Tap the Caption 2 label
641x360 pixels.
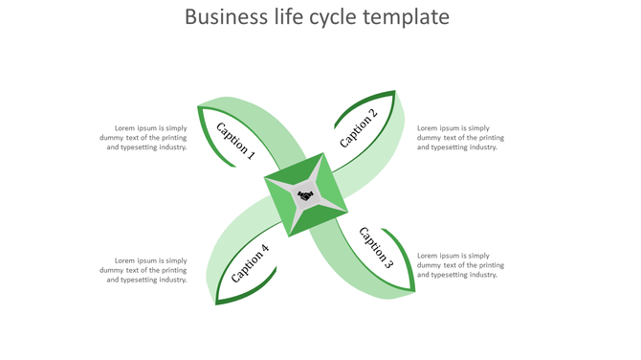coord(359,128)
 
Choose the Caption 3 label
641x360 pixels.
coord(375,247)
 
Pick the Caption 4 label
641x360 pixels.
coord(250,264)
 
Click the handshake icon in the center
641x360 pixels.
coord(305,195)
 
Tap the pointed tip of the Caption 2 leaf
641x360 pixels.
coord(395,92)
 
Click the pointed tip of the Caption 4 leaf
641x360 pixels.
coord(215,304)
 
